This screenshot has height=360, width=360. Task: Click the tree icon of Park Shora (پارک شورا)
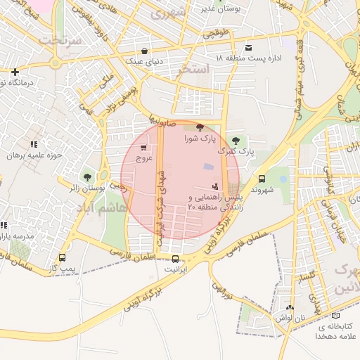tap(200, 127)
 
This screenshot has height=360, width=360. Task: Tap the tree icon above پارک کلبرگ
tap(235, 141)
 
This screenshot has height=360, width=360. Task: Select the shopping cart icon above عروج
tap(144, 148)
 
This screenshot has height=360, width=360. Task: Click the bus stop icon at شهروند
tap(262, 179)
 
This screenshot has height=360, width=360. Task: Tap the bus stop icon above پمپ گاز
tap(63, 257)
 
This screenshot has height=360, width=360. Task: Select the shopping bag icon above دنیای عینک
tap(144, 51)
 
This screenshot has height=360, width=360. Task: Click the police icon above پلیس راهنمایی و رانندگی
tap(214, 187)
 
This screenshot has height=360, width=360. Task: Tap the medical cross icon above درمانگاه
tap(15, 72)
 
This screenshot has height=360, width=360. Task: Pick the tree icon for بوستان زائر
tap(87, 177)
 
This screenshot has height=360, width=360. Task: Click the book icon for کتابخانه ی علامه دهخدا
tap(335, 316)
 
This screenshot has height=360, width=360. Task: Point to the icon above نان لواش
tap(290, 308)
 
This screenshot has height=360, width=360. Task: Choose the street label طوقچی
tap(217, 32)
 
